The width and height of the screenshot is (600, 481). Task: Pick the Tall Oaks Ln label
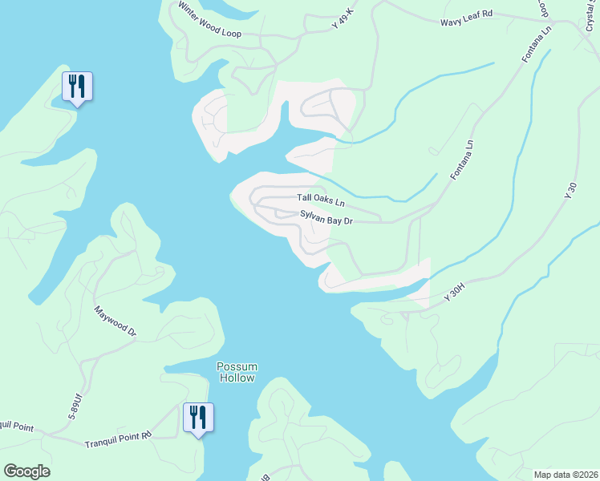coord(320,197)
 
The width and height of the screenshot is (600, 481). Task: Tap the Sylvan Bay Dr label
coord(326,216)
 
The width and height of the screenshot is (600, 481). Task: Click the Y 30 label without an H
coord(571,191)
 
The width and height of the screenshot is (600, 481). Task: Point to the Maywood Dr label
coord(116,321)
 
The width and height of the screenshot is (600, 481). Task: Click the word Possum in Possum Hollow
coord(236,366)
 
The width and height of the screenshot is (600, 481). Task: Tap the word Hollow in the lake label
coord(236,378)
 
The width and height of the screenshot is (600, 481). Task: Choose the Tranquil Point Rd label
coord(118,438)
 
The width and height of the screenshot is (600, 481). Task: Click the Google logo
coord(26,471)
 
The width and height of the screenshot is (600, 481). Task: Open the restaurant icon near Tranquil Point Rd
coord(198,418)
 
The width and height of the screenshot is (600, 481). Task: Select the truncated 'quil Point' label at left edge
coord(16,427)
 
